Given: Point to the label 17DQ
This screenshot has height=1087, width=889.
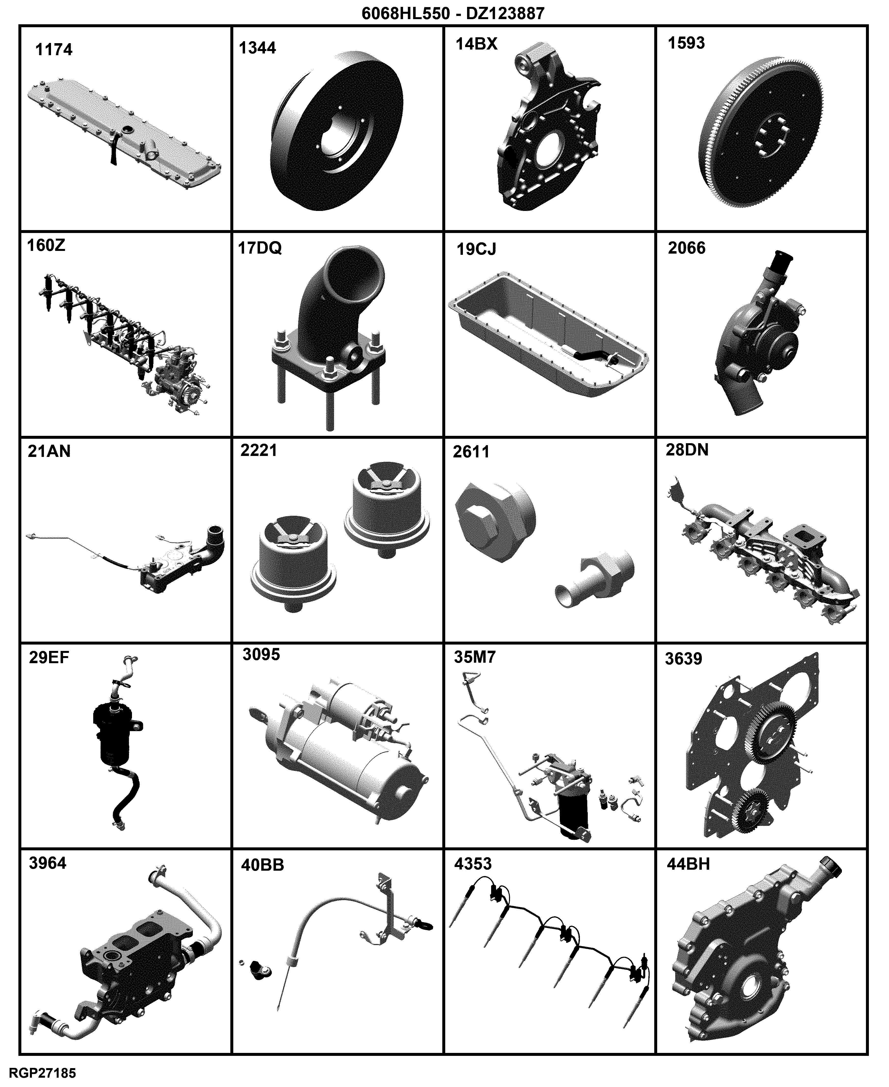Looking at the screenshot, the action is tap(260, 248).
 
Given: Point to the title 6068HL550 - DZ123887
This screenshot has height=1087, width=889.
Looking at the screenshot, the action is tap(453, 13).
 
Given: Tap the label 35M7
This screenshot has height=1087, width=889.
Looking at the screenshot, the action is tap(475, 657).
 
